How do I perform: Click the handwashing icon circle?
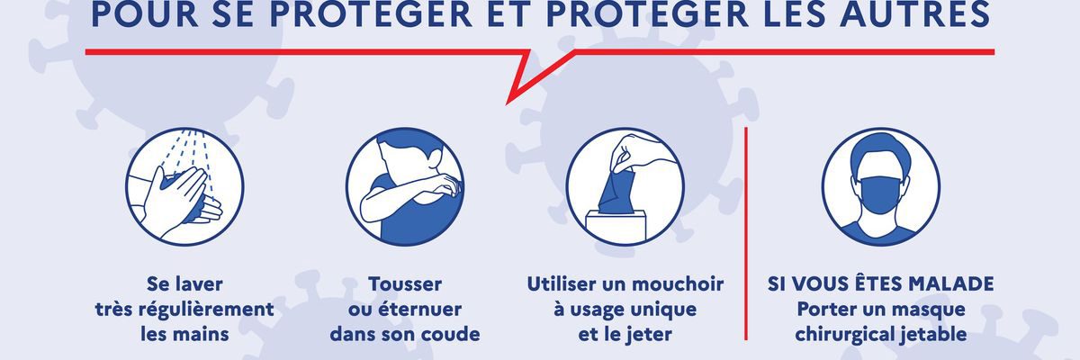[184, 186]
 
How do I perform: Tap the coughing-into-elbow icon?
[405, 186]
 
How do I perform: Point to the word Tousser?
[405, 283]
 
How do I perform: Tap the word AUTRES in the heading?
[914, 14]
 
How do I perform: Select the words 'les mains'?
[184, 334]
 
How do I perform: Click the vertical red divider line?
[746, 234]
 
